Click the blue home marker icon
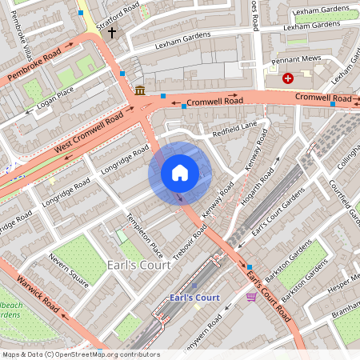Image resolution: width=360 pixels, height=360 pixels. coord(180,173)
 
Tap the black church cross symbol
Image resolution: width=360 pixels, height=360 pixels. coord(112,33)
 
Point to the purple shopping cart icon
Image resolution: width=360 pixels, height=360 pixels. coord(251,297)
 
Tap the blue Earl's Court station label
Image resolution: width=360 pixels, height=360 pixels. coord(194,298)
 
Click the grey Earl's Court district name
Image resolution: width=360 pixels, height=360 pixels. coord(137,265)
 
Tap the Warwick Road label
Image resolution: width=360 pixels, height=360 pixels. coord(39,294)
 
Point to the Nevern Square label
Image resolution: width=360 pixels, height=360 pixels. coord(66,270)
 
